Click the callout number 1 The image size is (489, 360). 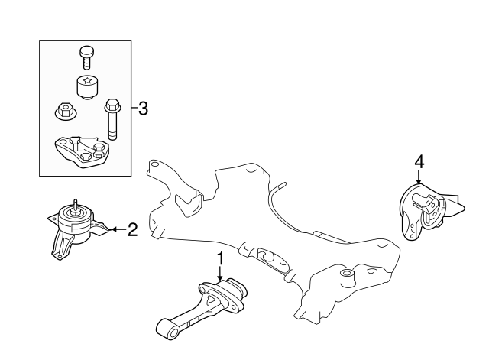tap(220, 260)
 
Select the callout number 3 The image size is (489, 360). tap(142, 108)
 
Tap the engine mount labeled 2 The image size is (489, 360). tap(75, 228)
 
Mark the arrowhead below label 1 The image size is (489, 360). tap(220, 285)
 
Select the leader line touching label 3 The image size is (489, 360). tap(134, 108)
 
